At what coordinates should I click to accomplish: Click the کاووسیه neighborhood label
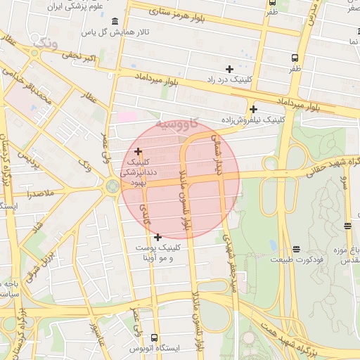pos(181,125)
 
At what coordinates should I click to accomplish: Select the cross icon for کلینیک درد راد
pos(229,69)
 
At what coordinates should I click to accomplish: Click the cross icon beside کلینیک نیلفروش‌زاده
pos(253,109)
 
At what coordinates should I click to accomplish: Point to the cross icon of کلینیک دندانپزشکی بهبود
pos(138,151)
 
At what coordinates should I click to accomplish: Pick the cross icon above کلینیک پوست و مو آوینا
pos(157,237)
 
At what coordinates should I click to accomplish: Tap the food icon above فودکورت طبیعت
pos(296,249)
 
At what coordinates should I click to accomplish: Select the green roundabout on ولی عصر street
pos(112,186)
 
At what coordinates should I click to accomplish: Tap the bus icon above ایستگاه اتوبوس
pos(155,337)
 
